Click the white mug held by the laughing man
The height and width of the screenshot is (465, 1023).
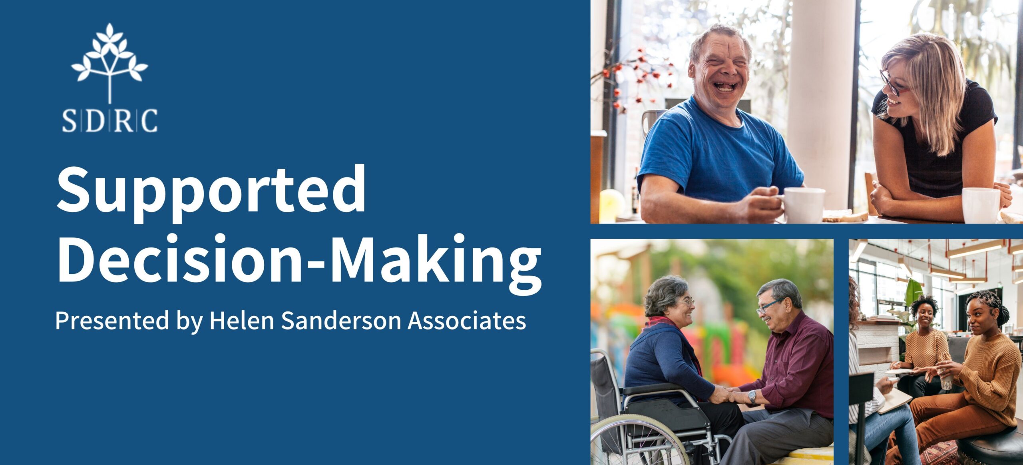tap(802, 205)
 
